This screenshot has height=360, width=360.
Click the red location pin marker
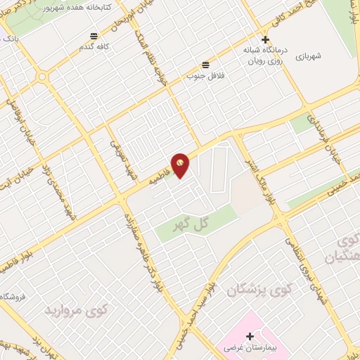[x=181, y=164]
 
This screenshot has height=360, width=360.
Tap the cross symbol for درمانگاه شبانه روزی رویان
[x=265, y=40]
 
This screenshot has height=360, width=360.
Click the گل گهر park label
[x=192, y=224]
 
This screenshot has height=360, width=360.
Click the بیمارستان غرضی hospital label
[x=250, y=349]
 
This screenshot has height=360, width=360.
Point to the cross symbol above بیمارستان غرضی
[x=250, y=337]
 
